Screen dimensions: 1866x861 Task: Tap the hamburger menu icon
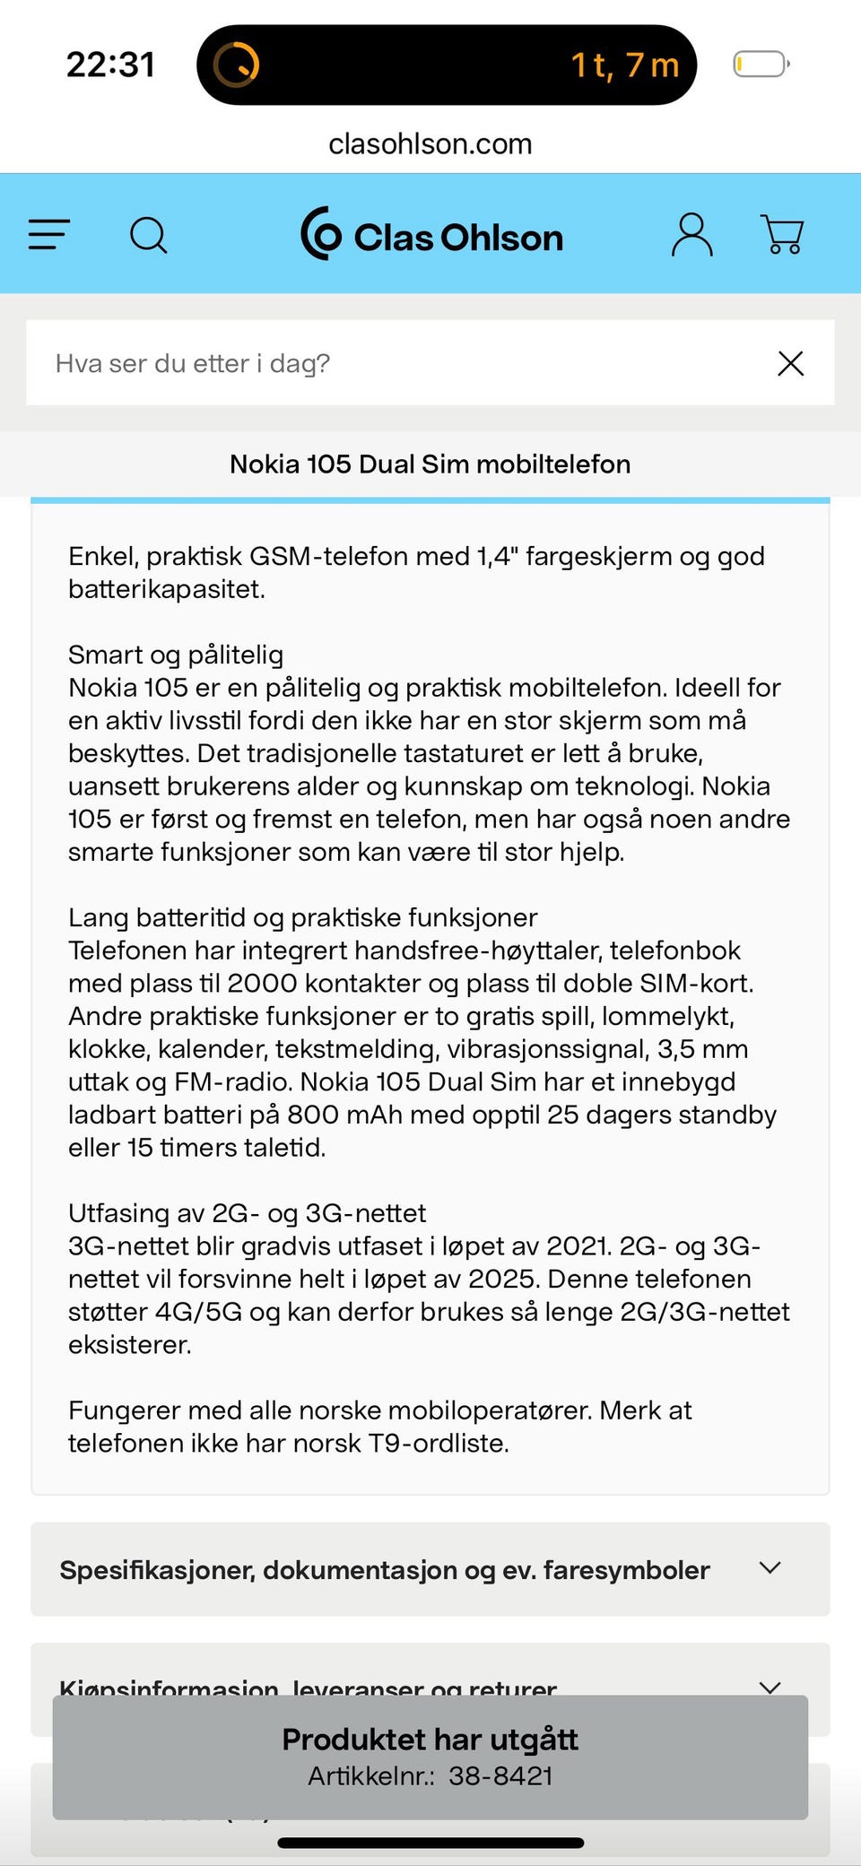[49, 235]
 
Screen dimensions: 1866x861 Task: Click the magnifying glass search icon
[149, 236]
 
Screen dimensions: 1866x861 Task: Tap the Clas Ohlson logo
[432, 235]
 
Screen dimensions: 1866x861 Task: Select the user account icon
[691, 235]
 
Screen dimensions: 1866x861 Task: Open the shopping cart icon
[782, 235]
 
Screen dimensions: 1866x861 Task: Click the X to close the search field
[790, 363]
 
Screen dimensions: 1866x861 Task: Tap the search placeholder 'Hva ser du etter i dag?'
[193, 363]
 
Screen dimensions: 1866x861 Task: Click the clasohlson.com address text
[430, 143]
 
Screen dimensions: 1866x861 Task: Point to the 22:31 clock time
[110, 65]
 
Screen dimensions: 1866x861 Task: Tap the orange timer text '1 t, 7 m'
[625, 65]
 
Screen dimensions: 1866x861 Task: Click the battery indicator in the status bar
[761, 65]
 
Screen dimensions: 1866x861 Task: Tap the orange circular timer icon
[236, 65]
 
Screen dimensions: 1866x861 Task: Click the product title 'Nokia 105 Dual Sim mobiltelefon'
[430, 464]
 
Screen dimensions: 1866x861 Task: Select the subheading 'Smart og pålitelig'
[176, 655]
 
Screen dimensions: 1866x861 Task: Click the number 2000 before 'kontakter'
[262, 984]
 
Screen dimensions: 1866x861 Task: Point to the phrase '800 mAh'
[337, 1115]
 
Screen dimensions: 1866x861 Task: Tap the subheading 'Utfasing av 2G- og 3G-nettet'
[247, 1213]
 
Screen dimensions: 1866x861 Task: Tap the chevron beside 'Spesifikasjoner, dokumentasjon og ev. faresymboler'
[770, 1568]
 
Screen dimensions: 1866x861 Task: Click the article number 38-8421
[500, 1776]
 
